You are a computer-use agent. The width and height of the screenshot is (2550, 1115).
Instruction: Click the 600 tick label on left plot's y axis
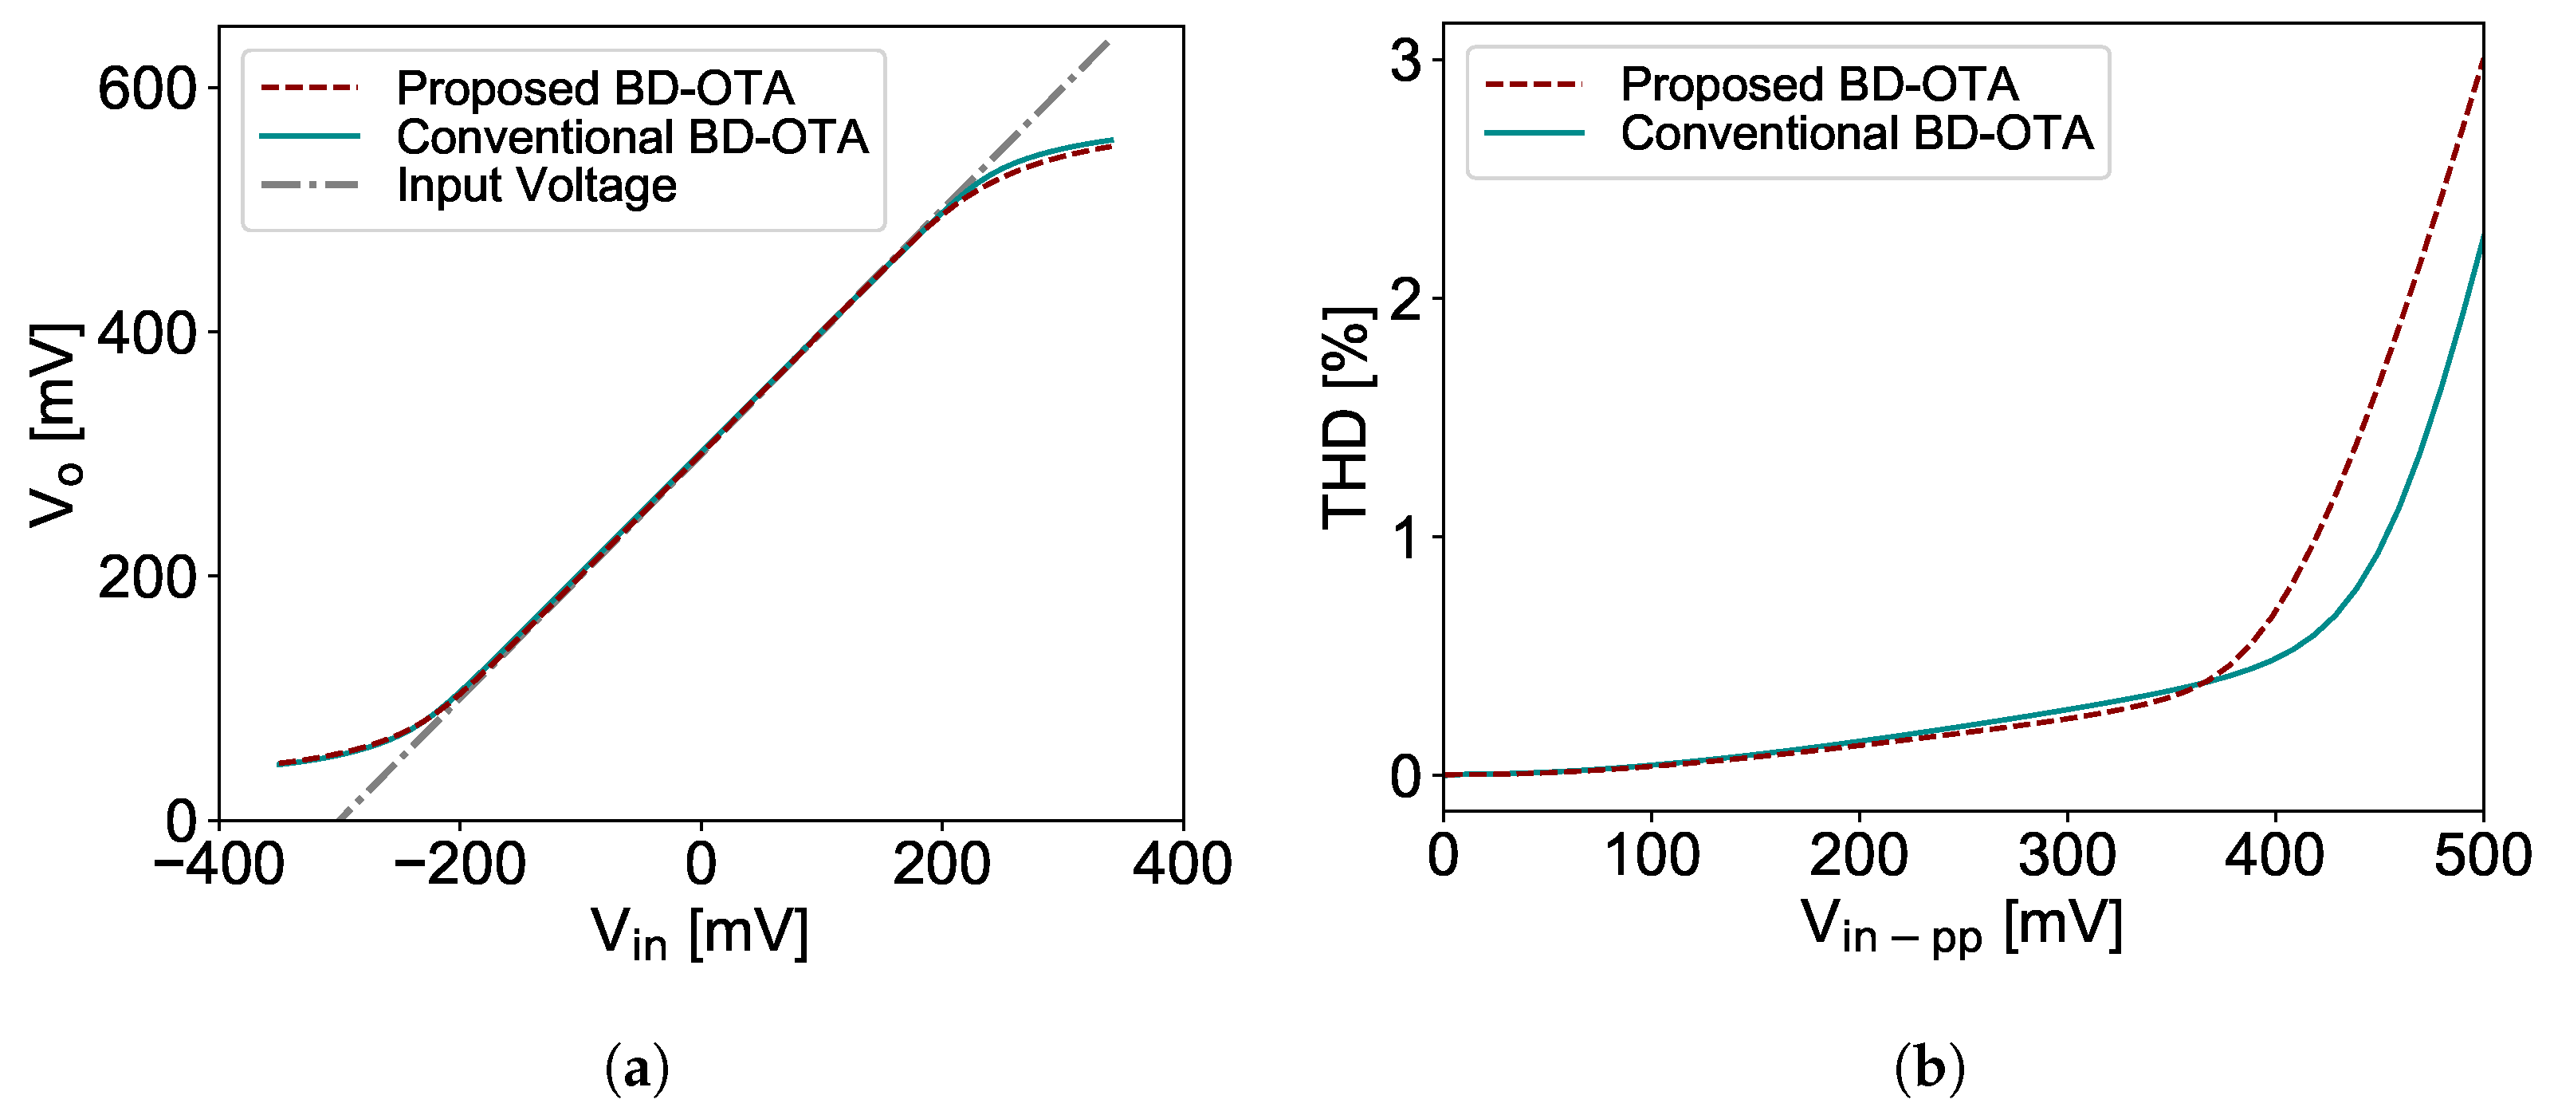(147, 89)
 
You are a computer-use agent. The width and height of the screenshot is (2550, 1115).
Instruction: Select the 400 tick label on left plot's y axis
(147, 333)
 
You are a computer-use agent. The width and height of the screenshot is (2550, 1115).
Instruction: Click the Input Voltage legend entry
(536, 185)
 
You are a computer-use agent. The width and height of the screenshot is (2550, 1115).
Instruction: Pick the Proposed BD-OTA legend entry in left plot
(594, 88)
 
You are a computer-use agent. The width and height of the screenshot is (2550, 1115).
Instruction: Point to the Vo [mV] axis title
(53, 426)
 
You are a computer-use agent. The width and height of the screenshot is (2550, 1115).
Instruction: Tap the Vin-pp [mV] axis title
(1961, 927)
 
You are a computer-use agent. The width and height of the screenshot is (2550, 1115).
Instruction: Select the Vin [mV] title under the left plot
(699, 933)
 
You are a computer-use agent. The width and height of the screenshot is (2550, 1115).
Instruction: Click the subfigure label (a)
(637, 1070)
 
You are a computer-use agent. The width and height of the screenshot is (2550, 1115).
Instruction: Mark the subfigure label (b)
(1929, 1070)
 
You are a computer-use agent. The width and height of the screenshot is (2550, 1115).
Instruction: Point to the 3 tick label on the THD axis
(1405, 61)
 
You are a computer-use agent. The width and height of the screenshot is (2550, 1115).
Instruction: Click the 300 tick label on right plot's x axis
(2067, 856)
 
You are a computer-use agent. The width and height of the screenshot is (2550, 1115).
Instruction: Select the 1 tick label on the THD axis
(1405, 538)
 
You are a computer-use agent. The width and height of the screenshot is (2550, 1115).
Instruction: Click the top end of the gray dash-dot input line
(1109, 41)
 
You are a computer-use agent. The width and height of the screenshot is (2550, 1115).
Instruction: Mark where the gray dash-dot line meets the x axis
(339, 819)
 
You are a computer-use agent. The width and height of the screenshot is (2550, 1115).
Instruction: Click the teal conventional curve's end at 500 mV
(2481, 234)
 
